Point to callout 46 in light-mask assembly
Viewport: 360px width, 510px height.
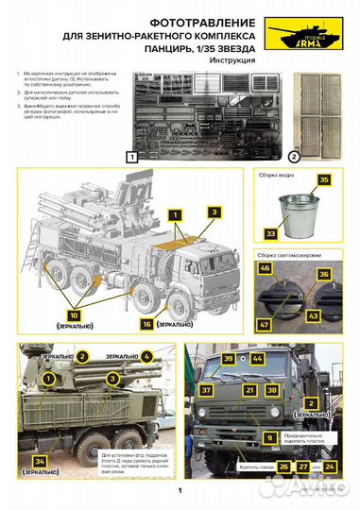coord(265,269)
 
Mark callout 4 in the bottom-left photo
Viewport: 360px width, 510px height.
coord(147,356)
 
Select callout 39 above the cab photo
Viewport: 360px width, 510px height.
coord(228,360)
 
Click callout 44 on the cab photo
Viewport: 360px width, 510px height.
coord(257,360)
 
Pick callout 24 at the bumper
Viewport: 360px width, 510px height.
coord(331,467)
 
